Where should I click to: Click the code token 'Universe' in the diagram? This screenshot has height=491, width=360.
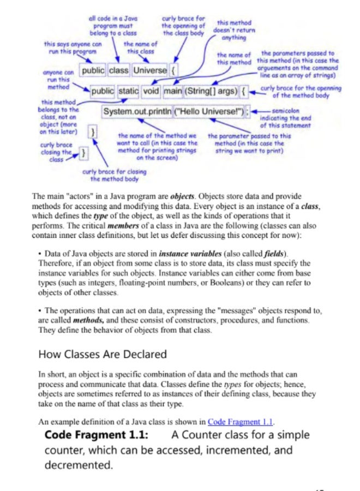click(149, 71)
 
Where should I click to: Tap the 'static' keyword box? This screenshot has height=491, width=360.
click(129, 91)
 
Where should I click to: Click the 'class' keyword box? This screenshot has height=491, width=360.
click(118, 71)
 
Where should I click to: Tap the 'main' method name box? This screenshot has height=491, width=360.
click(173, 91)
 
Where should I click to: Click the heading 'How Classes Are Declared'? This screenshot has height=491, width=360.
click(103, 354)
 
